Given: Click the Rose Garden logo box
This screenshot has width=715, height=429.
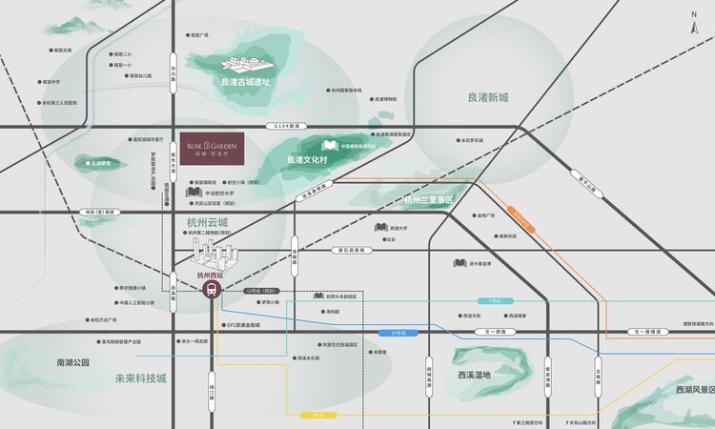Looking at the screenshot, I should tap(212, 147).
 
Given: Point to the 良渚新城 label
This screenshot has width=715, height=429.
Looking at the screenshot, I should tap(488, 97).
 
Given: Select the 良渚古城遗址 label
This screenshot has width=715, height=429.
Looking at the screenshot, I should tap(245, 82).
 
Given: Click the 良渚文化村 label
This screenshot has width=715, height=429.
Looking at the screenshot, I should tap(307, 159).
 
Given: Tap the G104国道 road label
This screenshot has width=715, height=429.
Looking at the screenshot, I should tap(287, 125).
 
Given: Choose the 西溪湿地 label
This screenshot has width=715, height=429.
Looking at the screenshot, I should tap(474, 374).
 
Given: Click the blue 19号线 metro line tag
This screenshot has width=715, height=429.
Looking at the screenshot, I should tap(398, 332).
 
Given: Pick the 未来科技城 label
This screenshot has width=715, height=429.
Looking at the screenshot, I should tap(140, 378).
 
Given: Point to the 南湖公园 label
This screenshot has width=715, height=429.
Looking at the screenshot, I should tap(72, 362).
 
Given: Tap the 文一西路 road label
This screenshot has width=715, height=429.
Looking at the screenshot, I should tap(500, 331).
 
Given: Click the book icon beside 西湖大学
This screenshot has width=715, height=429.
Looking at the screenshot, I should tap(380, 228).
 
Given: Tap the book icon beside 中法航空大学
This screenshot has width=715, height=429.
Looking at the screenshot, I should tap(192, 192).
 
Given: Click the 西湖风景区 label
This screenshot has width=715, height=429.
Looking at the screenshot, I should tap(694, 389).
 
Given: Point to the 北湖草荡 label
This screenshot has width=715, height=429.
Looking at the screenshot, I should tap(100, 163).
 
